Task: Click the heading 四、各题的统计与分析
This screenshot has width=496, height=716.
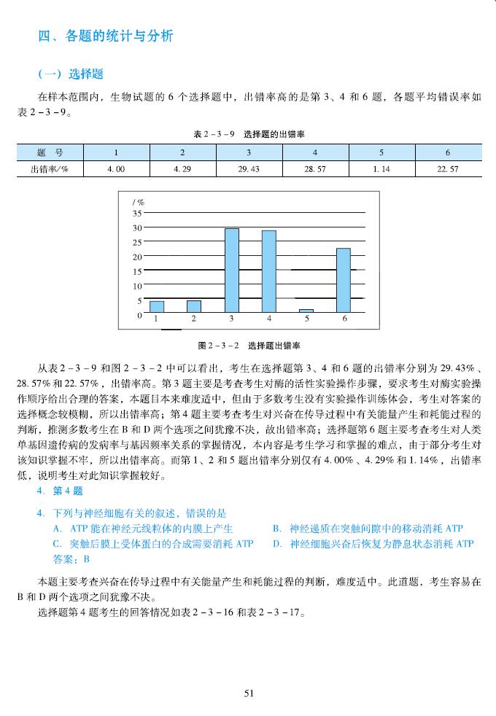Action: point(105,36)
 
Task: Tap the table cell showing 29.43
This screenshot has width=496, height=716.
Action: point(249,168)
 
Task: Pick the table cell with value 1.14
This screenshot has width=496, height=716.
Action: point(380,168)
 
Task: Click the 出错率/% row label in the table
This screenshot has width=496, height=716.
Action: point(50,168)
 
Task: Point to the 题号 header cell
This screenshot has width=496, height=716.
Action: point(50,152)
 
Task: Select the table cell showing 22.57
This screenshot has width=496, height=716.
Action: point(447,168)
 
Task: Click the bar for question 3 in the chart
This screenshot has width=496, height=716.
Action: point(232,270)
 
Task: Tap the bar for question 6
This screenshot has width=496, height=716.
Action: point(344,280)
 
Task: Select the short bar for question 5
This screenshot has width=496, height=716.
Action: point(306,311)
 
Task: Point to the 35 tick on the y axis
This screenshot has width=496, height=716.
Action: point(137,214)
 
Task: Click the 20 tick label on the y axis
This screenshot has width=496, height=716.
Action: point(137,257)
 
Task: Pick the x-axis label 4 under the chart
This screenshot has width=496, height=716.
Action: point(269,319)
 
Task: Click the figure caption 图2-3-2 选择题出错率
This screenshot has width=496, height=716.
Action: point(249,345)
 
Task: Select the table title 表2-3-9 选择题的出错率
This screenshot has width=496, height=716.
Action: point(249,135)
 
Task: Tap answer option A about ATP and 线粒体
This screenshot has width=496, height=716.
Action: point(143,528)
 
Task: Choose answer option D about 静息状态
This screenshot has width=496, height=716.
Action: point(373,543)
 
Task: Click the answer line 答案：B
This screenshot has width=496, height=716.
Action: point(71,559)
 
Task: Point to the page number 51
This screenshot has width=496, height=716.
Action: point(249,693)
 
